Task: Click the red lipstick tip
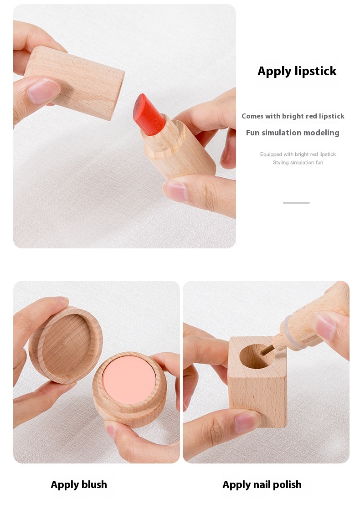149,114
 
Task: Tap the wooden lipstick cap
74,82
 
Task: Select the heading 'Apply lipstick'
297,71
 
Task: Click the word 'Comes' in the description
252,116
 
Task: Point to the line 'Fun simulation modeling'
293,133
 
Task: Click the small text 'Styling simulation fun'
298,162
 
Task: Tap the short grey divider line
296,202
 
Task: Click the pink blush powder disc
129,379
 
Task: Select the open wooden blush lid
66,345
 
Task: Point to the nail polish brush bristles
267,350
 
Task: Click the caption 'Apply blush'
79,485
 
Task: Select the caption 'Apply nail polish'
262,485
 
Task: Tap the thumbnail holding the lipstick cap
42,91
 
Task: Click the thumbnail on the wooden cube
247,422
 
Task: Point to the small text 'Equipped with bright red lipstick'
298,154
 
